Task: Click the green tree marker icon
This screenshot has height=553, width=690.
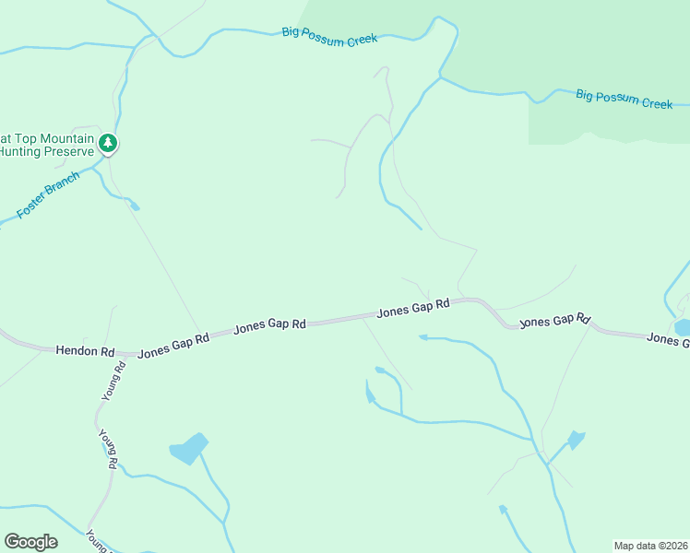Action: coord(109,143)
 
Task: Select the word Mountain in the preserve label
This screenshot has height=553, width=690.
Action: coord(55,137)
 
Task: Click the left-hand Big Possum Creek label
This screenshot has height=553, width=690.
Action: coord(329,36)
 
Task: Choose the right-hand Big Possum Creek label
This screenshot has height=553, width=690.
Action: coord(624,99)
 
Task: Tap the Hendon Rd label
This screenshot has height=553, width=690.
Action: coord(85,351)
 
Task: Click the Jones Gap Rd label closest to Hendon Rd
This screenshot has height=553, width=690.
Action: coord(173,345)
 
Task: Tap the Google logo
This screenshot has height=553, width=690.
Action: coord(30,542)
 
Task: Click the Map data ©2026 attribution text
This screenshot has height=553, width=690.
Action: coord(650,545)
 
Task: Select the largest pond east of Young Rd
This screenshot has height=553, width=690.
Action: coord(188,448)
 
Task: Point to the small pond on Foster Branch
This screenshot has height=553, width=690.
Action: coord(135,206)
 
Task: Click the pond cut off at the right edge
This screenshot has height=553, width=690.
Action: coord(683,327)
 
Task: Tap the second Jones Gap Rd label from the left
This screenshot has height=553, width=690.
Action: coord(269,325)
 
